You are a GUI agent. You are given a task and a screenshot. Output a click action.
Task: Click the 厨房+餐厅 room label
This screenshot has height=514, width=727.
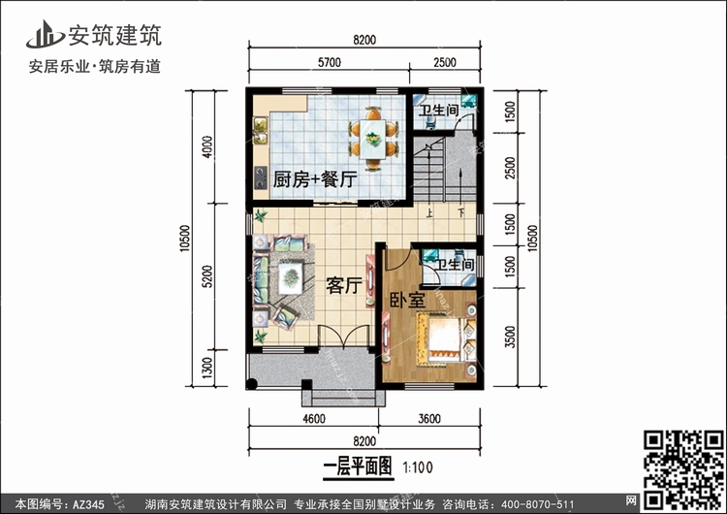[315, 179]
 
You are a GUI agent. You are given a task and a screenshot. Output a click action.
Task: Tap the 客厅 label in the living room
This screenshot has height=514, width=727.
[343, 286]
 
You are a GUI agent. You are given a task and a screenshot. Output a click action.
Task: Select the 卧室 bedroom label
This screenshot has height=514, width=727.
[407, 300]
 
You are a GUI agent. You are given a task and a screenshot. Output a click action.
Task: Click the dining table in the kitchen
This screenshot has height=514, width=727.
[373, 140]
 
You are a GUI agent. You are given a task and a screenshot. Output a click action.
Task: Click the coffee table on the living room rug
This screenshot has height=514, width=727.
[291, 278]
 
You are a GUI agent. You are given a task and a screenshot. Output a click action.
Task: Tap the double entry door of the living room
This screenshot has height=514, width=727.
[343, 337]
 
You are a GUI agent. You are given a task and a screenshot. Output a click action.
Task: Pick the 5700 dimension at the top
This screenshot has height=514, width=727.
[330, 63]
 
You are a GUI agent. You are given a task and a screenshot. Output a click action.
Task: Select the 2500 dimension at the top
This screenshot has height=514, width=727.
[445, 63]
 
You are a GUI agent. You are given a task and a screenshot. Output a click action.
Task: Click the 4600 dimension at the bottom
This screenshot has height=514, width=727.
[314, 419]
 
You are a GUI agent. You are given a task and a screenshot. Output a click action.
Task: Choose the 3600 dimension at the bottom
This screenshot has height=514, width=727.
[429, 419]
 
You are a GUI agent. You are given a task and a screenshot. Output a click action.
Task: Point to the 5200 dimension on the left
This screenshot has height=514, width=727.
[207, 276]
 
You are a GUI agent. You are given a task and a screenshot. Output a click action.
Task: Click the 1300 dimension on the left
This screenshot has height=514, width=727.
[207, 368]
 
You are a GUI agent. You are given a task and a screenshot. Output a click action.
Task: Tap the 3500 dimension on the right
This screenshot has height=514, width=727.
[510, 337]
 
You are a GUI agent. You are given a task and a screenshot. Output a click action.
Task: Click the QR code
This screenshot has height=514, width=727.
[683, 469]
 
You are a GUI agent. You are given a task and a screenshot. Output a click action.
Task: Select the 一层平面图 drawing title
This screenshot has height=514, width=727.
[358, 466]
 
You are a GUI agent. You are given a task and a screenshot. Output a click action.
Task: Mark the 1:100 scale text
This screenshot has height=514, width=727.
[418, 467]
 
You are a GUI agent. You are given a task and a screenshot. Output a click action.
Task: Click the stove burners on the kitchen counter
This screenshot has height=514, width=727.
[261, 177]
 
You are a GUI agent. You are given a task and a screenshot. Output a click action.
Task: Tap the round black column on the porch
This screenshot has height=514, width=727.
[251, 384]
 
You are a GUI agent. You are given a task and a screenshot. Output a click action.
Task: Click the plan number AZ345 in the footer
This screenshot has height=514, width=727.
[88, 504]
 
